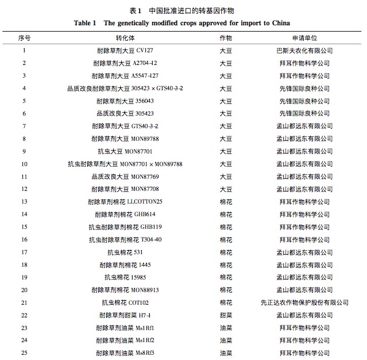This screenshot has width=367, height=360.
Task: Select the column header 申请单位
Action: pyautogui.click(x=304, y=38)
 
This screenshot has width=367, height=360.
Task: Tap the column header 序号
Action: pyautogui.click(x=24, y=38)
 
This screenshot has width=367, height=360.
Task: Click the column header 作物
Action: pyautogui.click(x=226, y=38)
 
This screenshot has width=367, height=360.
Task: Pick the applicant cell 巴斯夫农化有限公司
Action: pyautogui.click(x=304, y=51)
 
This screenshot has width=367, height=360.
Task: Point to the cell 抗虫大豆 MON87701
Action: pyautogui.click(x=125, y=151)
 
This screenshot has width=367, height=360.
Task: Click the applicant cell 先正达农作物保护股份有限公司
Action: pyautogui.click(x=304, y=302)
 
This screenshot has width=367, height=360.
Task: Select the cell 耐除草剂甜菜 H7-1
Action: pyautogui.click(x=125, y=315)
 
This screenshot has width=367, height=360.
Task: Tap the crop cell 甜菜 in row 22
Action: pyautogui.click(x=226, y=315)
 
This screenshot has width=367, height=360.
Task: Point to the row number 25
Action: pyautogui.click(x=24, y=353)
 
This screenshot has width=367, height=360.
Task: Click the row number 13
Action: pyautogui.click(x=24, y=202)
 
